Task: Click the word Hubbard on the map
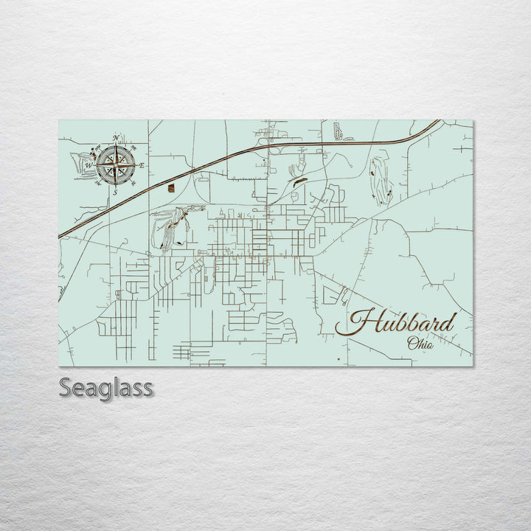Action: click(402, 322)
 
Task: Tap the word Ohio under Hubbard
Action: click(420, 343)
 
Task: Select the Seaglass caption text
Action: click(105, 387)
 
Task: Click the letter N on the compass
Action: click(115, 138)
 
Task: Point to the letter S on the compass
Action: click(115, 192)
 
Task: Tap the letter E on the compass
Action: click(142, 165)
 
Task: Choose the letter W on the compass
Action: click(88, 166)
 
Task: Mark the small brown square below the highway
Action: click(171, 188)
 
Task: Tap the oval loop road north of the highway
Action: click(338, 131)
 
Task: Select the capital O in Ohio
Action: click(411, 343)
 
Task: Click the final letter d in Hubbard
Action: click(448, 322)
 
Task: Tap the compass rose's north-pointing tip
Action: click(116, 145)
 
